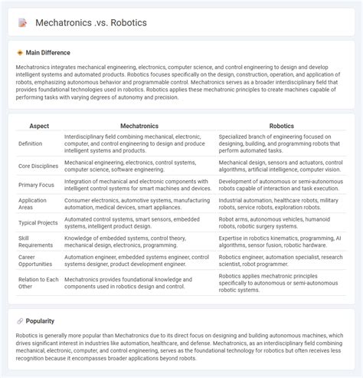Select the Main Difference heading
(x=48, y=53)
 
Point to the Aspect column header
(x=38, y=124)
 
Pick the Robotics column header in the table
(x=282, y=124)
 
